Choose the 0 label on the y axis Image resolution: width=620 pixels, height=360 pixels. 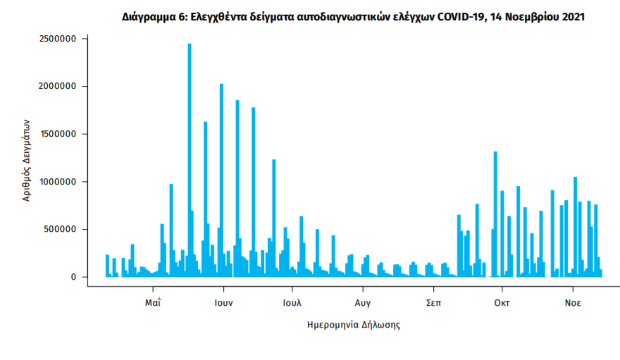(73, 277)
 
